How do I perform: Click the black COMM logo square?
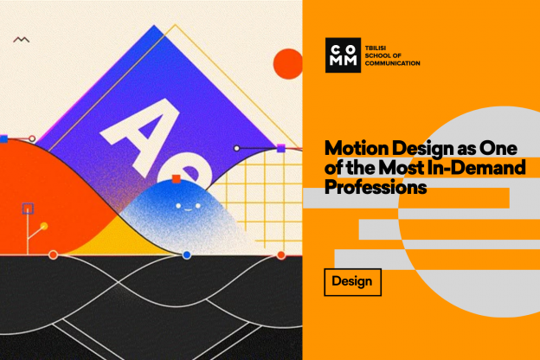[x=343, y=55]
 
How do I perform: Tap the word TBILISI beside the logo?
[x=376, y=48]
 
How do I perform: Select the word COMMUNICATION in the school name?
[x=393, y=63]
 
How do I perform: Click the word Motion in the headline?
[x=357, y=149]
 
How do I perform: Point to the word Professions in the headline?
[x=376, y=187]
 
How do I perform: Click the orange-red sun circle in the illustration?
[x=288, y=64]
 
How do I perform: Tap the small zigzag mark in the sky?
[x=22, y=40]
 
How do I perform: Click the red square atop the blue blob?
[x=176, y=179]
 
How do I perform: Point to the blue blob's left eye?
[x=178, y=206]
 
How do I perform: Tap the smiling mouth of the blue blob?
[x=188, y=209]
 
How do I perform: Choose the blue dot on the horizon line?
[x=187, y=255]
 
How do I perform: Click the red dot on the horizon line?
[x=281, y=255]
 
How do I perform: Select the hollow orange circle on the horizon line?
[x=53, y=255]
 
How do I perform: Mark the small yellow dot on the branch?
[x=44, y=226]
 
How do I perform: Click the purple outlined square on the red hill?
[x=28, y=209]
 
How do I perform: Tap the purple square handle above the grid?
[x=281, y=148]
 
